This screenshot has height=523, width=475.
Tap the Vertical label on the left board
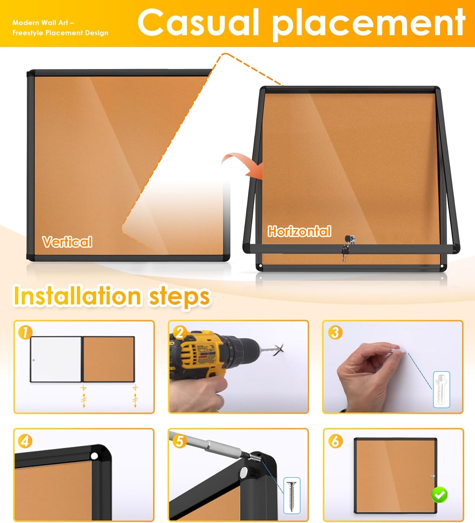pos(67,242)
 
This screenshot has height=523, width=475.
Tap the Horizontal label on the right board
pos(299,231)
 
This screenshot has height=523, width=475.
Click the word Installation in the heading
pos(77,296)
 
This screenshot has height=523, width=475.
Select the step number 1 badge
pos(25,332)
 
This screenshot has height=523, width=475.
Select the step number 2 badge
pos(180,332)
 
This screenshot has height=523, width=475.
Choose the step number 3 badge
pos(335,332)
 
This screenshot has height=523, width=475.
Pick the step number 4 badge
pos(25,441)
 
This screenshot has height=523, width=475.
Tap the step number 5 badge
pos(180,441)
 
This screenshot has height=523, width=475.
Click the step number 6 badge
pos(335,441)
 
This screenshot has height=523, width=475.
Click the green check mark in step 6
pos(439,494)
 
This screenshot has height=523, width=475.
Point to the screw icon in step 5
pos(292,495)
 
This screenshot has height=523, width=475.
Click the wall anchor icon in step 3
pos(441,389)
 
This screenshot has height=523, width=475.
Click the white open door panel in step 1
pos(56,359)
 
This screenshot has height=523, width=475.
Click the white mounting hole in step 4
pos(94,456)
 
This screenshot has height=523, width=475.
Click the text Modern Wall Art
pos(43,23)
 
